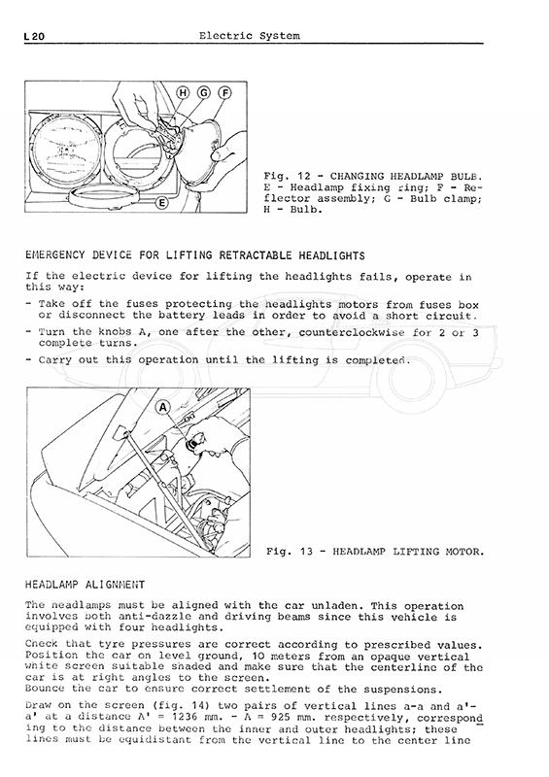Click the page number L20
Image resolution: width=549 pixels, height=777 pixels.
pyautogui.click(x=34, y=37)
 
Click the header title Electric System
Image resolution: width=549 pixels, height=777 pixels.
pyautogui.click(x=250, y=36)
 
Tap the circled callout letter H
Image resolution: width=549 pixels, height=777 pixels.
pyautogui.click(x=183, y=92)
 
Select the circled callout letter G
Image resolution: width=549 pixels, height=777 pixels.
pyautogui.click(x=204, y=92)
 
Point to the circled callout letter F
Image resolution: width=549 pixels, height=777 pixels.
pyautogui.click(x=224, y=92)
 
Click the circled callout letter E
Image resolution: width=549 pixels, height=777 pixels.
pyautogui.click(x=161, y=202)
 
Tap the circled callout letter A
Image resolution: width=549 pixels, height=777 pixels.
pyautogui.click(x=163, y=408)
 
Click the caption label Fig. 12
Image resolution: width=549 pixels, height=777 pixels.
pyautogui.click(x=287, y=177)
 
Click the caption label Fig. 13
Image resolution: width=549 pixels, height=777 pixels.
pyautogui.click(x=290, y=552)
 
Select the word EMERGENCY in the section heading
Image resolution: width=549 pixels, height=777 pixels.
pyautogui.click(x=55, y=255)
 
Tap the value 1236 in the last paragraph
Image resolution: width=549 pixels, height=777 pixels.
pyautogui.click(x=189, y=718)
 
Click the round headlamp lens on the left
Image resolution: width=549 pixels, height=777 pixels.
pyautogui.click(x=65, y=150)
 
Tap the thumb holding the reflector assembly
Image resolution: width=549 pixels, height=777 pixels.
pyautogui.click(x=220, y=155)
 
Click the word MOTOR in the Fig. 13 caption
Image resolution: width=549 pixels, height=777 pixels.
pyautogui.click(x=466, y=552)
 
